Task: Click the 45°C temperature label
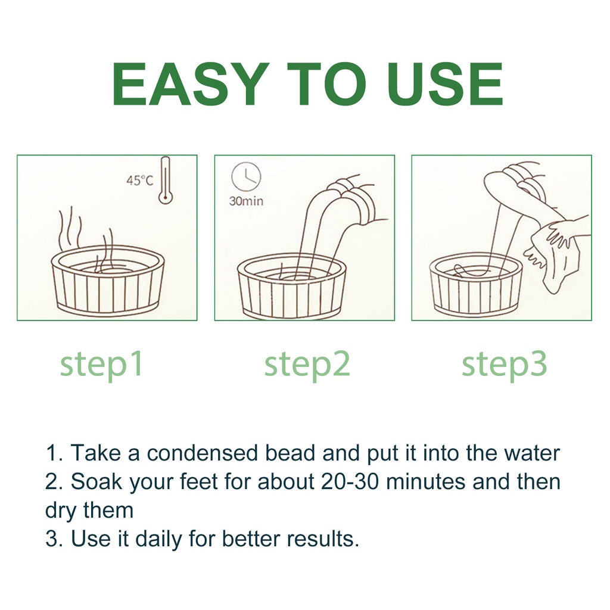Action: [x=139, y=180]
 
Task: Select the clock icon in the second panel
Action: [x=246, y=177]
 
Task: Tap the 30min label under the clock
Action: [x=246, y=201]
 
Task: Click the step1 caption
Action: [x=101, y=365]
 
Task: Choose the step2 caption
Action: [x=307, y=365]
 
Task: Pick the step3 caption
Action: [x=504, y=365]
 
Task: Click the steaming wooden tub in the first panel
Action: [x=108, y=279]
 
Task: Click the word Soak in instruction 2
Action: [x=96, y=481]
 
